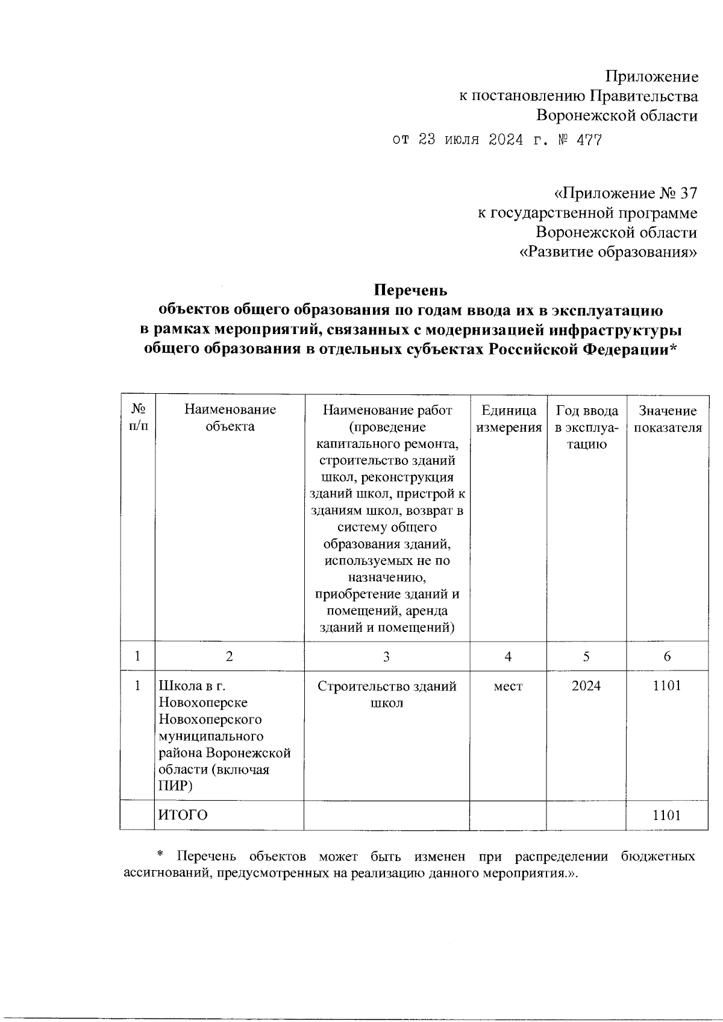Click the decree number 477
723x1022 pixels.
click(x=589, y=140)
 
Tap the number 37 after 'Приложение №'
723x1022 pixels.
click(x=687, y=194)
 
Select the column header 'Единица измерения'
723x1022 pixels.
click(x=509, y=419)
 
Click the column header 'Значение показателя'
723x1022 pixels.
click(x=667, y=419)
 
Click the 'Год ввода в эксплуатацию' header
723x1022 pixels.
click(x=586, y=427)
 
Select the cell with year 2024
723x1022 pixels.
click(x=586, y=686)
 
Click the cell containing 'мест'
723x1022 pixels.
click(x=508, y=686)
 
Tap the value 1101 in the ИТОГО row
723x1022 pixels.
click(x=666, y=815)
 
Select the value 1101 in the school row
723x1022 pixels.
click(x=666, y=686)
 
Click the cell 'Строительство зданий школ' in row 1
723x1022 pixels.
click(x=386, y=695)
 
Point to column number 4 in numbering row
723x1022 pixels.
click(x=508, y=657)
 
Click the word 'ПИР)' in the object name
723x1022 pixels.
click(x=175, y=786)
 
